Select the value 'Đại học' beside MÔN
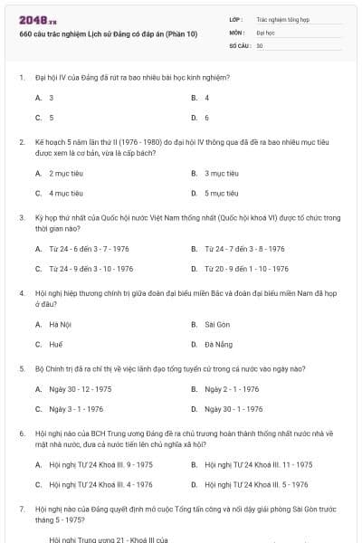[265, 32]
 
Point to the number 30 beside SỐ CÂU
[260, 45]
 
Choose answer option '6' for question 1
[206, 118]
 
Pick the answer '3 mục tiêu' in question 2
[222, 172]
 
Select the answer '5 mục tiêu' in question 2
[222, 193]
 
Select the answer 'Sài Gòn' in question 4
[217, 324]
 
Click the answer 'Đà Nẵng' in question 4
[218, 345]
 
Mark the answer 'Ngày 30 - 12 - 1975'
[81, 389]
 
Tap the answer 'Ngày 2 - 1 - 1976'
[232, 389]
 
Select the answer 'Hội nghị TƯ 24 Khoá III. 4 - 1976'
[100, 485]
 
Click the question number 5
[21, 368]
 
